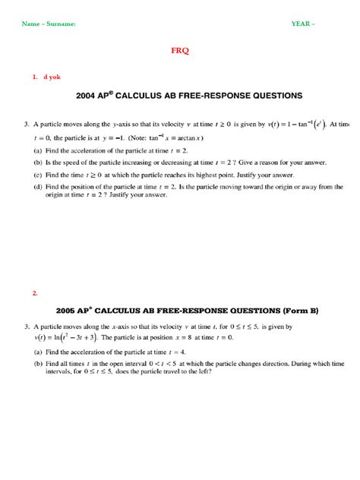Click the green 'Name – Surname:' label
click(x=49, y=24)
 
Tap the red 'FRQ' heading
click(x=180, y=51)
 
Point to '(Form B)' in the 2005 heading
click(x=283, y=310)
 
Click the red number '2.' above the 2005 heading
click(x=35, y=292)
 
